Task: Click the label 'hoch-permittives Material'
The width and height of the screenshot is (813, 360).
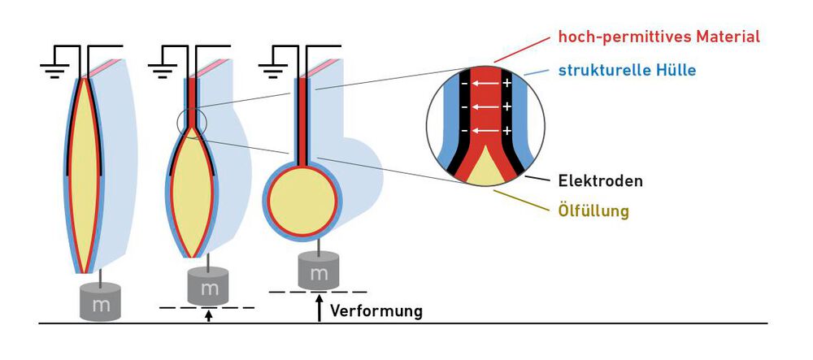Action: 659,37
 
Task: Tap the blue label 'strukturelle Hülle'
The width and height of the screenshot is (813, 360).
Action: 627,70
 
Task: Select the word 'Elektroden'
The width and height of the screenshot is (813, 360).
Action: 601,180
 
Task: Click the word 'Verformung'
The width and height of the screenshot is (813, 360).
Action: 376,310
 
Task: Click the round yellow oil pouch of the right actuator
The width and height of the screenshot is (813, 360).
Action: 302,198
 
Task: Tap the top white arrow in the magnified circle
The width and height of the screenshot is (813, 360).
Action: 485,84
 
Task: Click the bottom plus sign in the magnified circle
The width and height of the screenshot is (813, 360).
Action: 506,131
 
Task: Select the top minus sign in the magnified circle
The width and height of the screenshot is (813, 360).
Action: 463,84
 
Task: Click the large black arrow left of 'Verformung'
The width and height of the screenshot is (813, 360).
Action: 320,308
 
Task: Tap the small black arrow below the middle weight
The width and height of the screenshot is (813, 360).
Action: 209,314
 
